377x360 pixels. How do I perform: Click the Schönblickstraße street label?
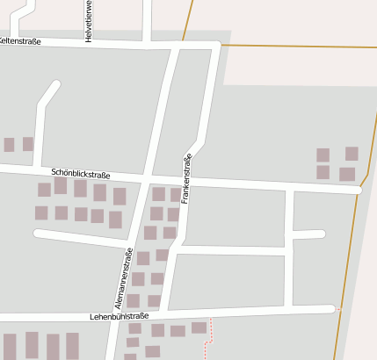81,174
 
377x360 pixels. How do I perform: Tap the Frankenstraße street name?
186,179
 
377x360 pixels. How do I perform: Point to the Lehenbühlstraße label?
120,315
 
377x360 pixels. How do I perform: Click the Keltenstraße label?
19,40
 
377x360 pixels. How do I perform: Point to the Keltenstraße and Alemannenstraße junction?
176,44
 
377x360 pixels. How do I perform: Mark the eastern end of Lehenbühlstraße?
334,308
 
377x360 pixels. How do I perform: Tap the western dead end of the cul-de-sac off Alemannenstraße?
37,233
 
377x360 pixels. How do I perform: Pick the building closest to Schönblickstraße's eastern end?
347,174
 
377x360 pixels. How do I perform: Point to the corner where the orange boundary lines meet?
190,43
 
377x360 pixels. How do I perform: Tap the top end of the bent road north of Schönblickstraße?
57,85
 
